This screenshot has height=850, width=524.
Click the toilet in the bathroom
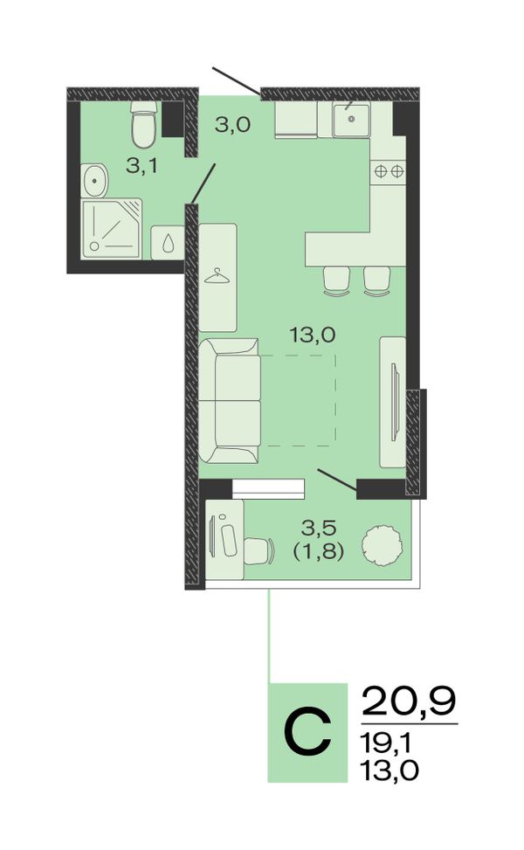(x=144, y=124)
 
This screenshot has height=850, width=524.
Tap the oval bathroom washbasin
(x=95, y=181)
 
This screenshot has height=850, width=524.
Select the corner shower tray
(x=112, y=228)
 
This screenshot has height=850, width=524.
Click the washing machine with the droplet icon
(x=168, y=242)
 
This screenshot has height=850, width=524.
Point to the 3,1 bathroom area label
(x=142, y=166)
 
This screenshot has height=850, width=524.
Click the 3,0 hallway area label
(x=232, y=125)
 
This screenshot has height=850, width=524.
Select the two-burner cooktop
(x=389, y=172)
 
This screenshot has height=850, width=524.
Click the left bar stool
(x=336, y=281)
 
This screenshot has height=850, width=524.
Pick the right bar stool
(x=377, y=281)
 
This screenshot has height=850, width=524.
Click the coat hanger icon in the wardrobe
(x=217, y=276)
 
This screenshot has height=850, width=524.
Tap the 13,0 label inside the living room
(x=312, y=335)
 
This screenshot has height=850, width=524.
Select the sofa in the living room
(x=229, y=401)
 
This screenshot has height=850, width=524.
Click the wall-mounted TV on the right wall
(x=396, y=402)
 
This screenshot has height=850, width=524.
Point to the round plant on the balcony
(x=382, y=545)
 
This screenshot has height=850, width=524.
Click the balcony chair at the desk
(x=258, y=550)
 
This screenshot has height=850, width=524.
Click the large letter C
(x=307, y=732)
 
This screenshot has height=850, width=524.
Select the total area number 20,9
(x=409, y=701)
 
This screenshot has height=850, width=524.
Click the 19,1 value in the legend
(x=388, y=743)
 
